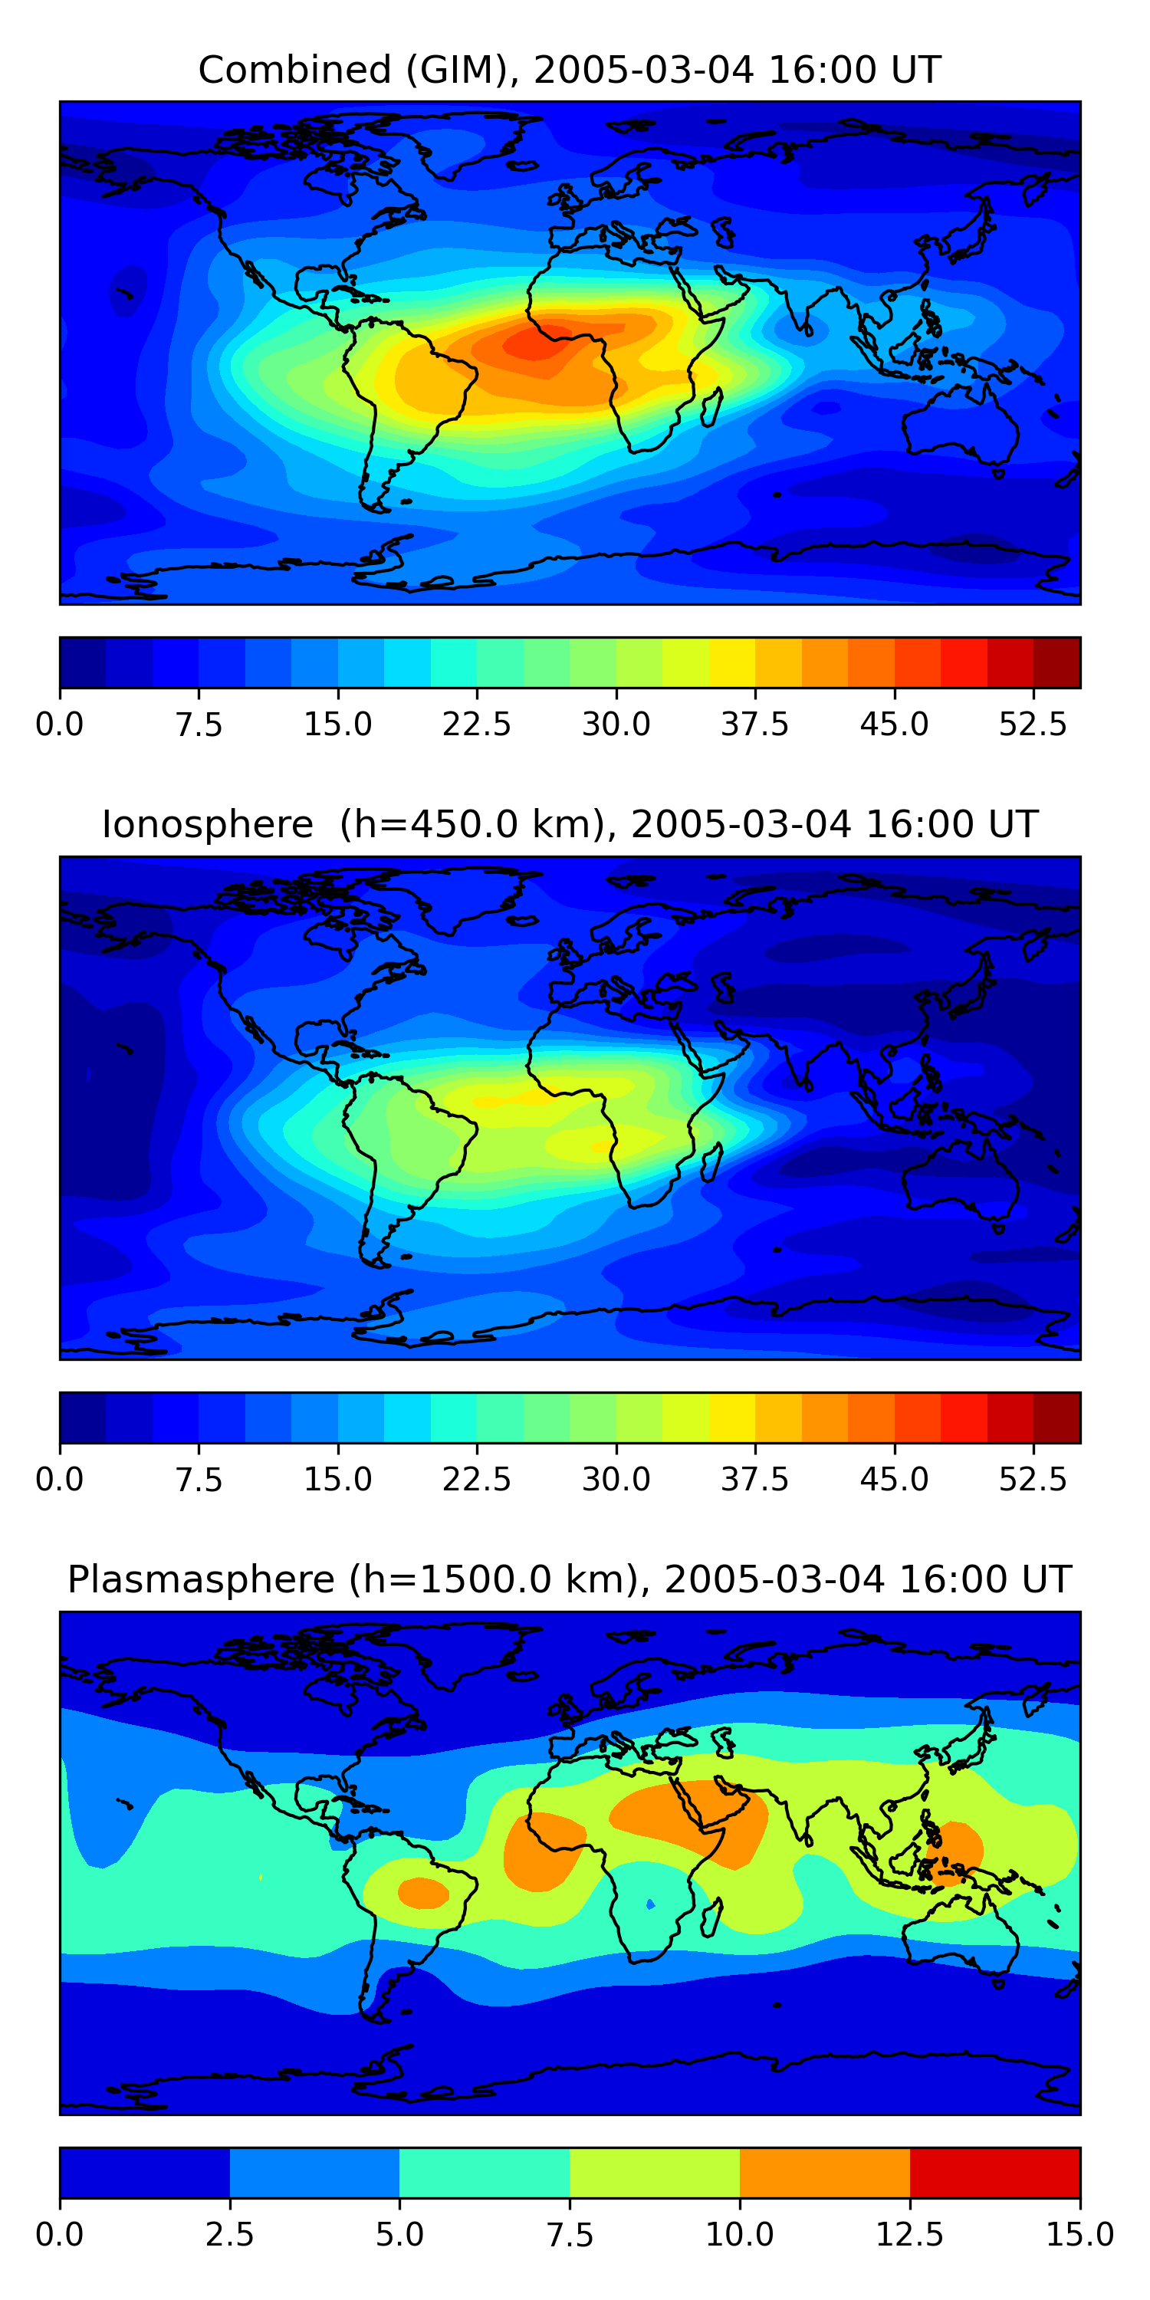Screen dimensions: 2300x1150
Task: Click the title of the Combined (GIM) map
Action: click(570, 70)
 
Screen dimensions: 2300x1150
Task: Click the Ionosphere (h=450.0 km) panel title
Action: click(570, 824)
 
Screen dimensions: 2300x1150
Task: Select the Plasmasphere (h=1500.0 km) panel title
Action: click(570, 1579)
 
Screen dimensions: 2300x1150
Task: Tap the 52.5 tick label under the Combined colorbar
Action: click(1032, 724)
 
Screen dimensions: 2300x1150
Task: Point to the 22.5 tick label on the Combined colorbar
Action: click(477, 724)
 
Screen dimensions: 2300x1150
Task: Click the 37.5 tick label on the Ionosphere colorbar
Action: click(754, 1479)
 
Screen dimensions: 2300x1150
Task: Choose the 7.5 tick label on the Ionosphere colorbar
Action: click(199, 1479)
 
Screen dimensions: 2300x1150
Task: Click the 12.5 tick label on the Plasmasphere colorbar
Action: click(910, 2234)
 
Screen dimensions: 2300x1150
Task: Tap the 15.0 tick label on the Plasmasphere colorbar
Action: click(1079, 2234)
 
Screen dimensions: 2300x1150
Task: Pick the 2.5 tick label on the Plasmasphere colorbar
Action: click(229, 2234)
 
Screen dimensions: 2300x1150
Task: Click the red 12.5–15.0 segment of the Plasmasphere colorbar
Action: click(994, 2172)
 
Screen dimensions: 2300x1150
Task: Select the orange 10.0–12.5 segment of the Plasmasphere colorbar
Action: click(824, 2172)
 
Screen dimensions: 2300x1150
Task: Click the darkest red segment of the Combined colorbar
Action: click(1056, 662)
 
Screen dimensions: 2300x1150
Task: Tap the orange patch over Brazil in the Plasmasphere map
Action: click(423, 1893)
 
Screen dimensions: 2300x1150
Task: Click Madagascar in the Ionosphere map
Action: click(711, 1161)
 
